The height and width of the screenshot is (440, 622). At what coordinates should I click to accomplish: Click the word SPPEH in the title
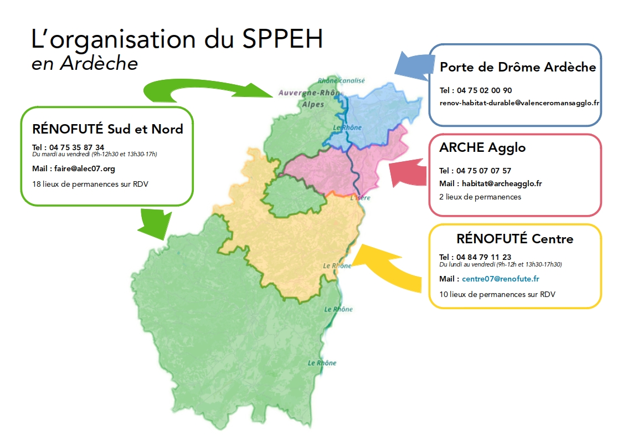tap(282, 39)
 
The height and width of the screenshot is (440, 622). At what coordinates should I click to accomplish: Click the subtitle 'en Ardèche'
tap(85, 64)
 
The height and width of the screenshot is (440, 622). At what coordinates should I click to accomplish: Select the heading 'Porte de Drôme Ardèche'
tap(518, 67)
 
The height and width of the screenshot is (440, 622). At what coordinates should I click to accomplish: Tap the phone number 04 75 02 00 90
tap(484, 90)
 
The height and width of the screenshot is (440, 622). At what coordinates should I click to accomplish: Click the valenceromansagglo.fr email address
tap(520, 103)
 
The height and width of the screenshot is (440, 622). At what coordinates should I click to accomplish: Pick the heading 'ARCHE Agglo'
tap(482, 147)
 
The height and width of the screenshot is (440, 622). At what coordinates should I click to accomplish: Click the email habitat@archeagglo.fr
tap(502, 183)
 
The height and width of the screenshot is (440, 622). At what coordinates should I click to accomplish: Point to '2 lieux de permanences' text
tap(480, 197)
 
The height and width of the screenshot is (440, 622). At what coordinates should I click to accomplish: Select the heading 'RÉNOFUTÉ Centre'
tap(515, 239)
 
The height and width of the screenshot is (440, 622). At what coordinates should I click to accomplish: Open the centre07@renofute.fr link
tap(501, 279)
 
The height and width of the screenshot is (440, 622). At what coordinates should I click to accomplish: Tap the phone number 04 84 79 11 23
tap(484, 257)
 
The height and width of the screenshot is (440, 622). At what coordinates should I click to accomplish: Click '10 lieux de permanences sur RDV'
tap(497, 294)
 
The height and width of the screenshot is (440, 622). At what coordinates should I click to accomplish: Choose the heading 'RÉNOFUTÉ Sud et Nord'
tap(107, 129)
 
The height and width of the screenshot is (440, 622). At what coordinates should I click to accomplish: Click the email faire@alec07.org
tap(85, 168)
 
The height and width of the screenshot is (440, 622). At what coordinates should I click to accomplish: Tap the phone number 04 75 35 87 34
tap(76, 147)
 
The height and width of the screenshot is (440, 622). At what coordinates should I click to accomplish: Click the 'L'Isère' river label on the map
tap(360, 198)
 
